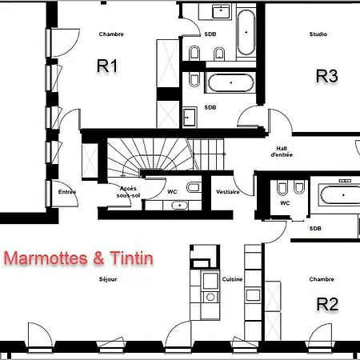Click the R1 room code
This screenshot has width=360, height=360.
(x=107, y=66)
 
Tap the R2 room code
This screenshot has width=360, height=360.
(x=327, y=304)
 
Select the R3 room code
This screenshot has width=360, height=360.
(x=327, y=76)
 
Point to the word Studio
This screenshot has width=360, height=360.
(x=318, y=34)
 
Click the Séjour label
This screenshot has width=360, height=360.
(x=108, y=279)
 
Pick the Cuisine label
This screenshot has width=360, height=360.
(x=232, y=279)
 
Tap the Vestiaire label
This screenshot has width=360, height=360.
(x=228, y=192)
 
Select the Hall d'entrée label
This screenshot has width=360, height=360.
(x=282, y=151)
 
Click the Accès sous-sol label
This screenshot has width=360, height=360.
(x=128, y=192)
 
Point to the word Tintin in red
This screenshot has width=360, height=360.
(x=131, y=258)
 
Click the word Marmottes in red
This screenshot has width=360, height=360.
(x=46, y=258)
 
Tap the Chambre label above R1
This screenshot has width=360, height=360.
(x=111, y=34)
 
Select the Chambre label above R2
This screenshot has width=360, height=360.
(x=322, y=279)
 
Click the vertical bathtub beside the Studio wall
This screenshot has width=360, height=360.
(x=246, y=32)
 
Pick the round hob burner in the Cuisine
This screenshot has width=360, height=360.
(x=210, y=297)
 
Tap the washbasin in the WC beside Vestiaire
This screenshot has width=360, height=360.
(x=179, y=206)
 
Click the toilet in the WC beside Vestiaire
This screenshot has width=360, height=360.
(x=194, y=187)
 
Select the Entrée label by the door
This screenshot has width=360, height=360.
(x=67, y=192)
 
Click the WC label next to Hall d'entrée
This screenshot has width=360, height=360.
(x=285, y=203)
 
